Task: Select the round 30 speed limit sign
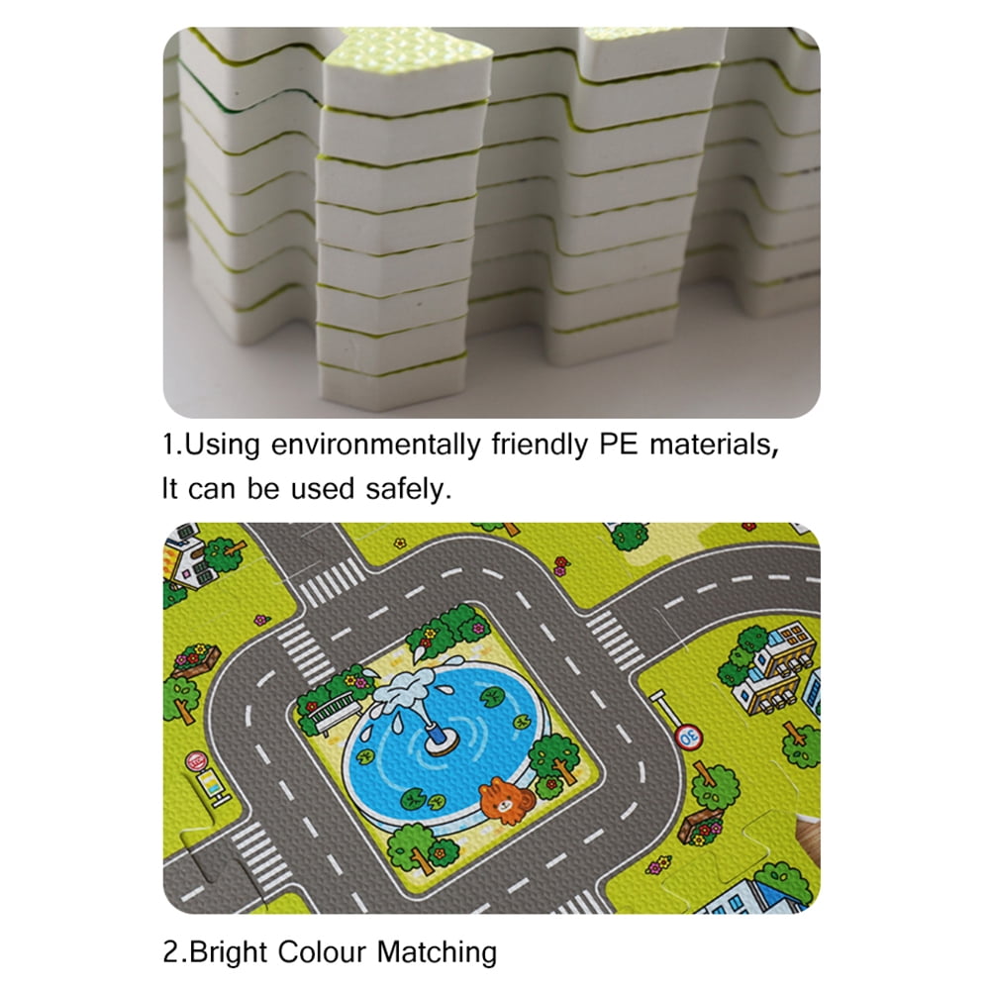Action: (x=688, y=736)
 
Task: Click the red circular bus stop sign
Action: (x=196, y=760)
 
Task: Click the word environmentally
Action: (x=375, y=445)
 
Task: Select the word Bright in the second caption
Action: (x=228, y=952)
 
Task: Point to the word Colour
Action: (x=322, y=951)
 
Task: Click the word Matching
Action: (x=437, y=952)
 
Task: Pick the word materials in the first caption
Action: (x=714, y=445)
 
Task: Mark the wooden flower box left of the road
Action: (x=195, y=659)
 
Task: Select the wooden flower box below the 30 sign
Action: (x=700, y=826)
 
